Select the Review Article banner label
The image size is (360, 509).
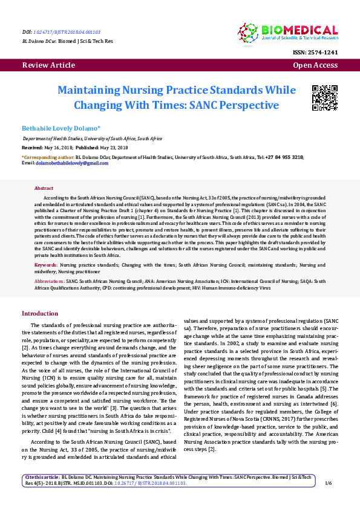click(x=46, y=65)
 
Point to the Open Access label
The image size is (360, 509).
click(x=315, y=65)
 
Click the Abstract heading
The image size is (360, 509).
click(x=44, y=189)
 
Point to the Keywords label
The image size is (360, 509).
click(x=46, y=265)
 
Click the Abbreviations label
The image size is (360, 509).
click(x=49, y=281)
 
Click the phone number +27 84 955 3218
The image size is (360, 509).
click(x=284, y=157)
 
